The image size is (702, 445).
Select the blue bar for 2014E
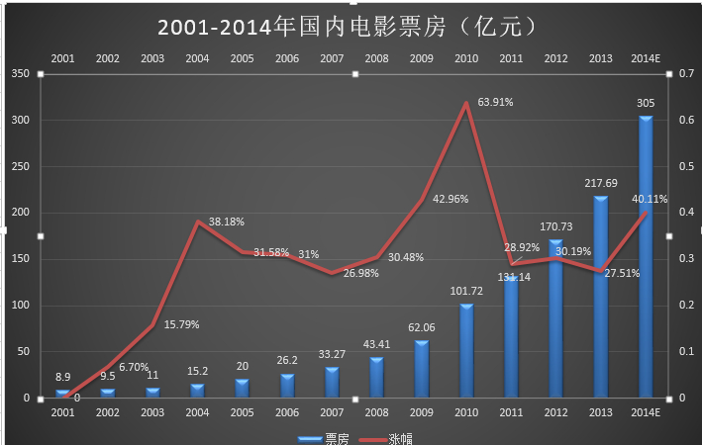(646, 257)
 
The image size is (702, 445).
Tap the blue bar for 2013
(600, 297)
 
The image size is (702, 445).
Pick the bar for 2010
(465, 350)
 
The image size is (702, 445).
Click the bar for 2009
(421, 369)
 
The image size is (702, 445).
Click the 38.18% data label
(226, 222)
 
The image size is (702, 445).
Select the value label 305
(645, 103)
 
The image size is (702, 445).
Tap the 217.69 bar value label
(600, 183)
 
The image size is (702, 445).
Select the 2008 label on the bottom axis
(376, 412)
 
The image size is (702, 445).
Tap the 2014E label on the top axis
(646, 58)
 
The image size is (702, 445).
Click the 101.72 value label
(465, 292)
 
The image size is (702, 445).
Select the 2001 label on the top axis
(62, 58)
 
